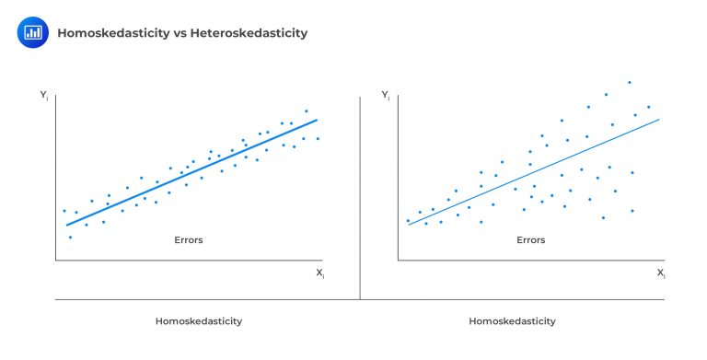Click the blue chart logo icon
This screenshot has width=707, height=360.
tap(32, 32)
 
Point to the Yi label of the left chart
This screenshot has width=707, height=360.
tap(44, 94)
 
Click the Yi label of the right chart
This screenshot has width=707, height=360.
tap(386, 94)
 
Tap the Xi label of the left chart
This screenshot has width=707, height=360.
tap(319, 273)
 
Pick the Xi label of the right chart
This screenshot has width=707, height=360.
tap(661, 273)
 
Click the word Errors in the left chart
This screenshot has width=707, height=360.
tap(189, 240)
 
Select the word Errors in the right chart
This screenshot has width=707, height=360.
tap(530, 240)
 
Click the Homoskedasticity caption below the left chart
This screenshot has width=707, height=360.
tap(199, 321)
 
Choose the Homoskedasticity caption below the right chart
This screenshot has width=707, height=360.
tap(512, 321)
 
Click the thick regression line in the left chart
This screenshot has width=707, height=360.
tap(191, 172)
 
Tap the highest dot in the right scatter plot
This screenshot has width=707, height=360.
tap(630, 82)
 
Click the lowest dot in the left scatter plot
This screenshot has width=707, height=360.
tap(70, 238)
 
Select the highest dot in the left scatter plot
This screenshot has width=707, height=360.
tap(307, 111)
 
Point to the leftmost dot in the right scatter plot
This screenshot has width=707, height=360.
tap(408, 220)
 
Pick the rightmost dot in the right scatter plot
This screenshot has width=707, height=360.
tap(649, 107)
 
